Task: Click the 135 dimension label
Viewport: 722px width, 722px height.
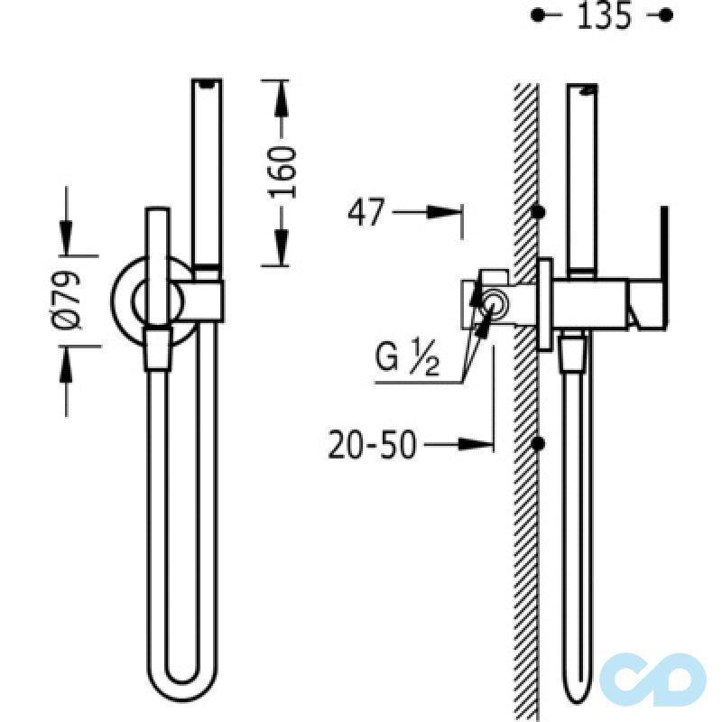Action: click(604, 15)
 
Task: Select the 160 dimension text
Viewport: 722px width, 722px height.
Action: click(281, 171)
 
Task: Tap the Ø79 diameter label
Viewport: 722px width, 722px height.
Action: click(67, 300)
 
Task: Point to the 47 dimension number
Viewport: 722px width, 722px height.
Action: click(366, 212)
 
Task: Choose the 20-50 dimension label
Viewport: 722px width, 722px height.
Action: click(372, 445)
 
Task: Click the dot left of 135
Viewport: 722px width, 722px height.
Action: click(537, 15)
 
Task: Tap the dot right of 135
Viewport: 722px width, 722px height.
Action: click(665, 15)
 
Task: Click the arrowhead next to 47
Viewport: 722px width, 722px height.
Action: click(443, 212)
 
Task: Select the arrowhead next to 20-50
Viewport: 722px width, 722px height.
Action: click(476, 444)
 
